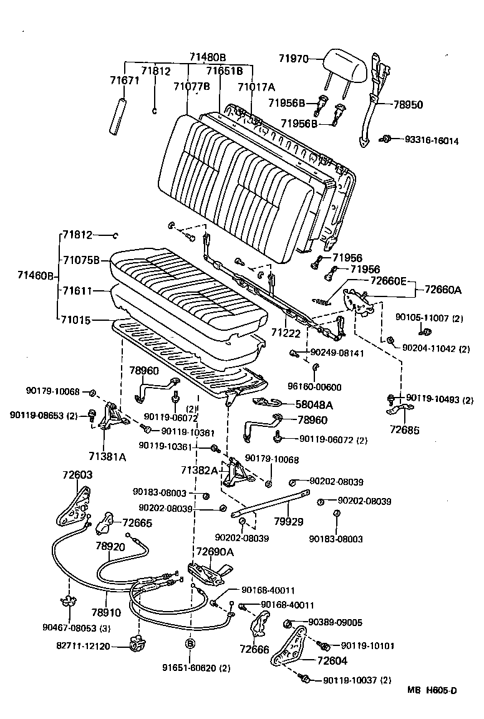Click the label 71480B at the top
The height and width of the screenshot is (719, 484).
(x=208, y=57)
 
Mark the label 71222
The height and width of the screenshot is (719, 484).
(x=286, y=334)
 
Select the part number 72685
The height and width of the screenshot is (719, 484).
(x=405, y=430)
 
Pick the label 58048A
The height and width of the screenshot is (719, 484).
(x=314, y=404)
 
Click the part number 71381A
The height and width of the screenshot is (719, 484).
(x=107, y=457)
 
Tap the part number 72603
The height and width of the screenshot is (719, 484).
(x=77, y=475)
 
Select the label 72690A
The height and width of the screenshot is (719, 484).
(x=215, y=552)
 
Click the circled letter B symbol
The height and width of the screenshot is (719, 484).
(x=190, y=643)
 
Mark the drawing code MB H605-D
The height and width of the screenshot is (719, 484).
(x=432, y=690)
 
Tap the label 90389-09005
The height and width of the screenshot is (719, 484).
(x=335, y=622)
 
